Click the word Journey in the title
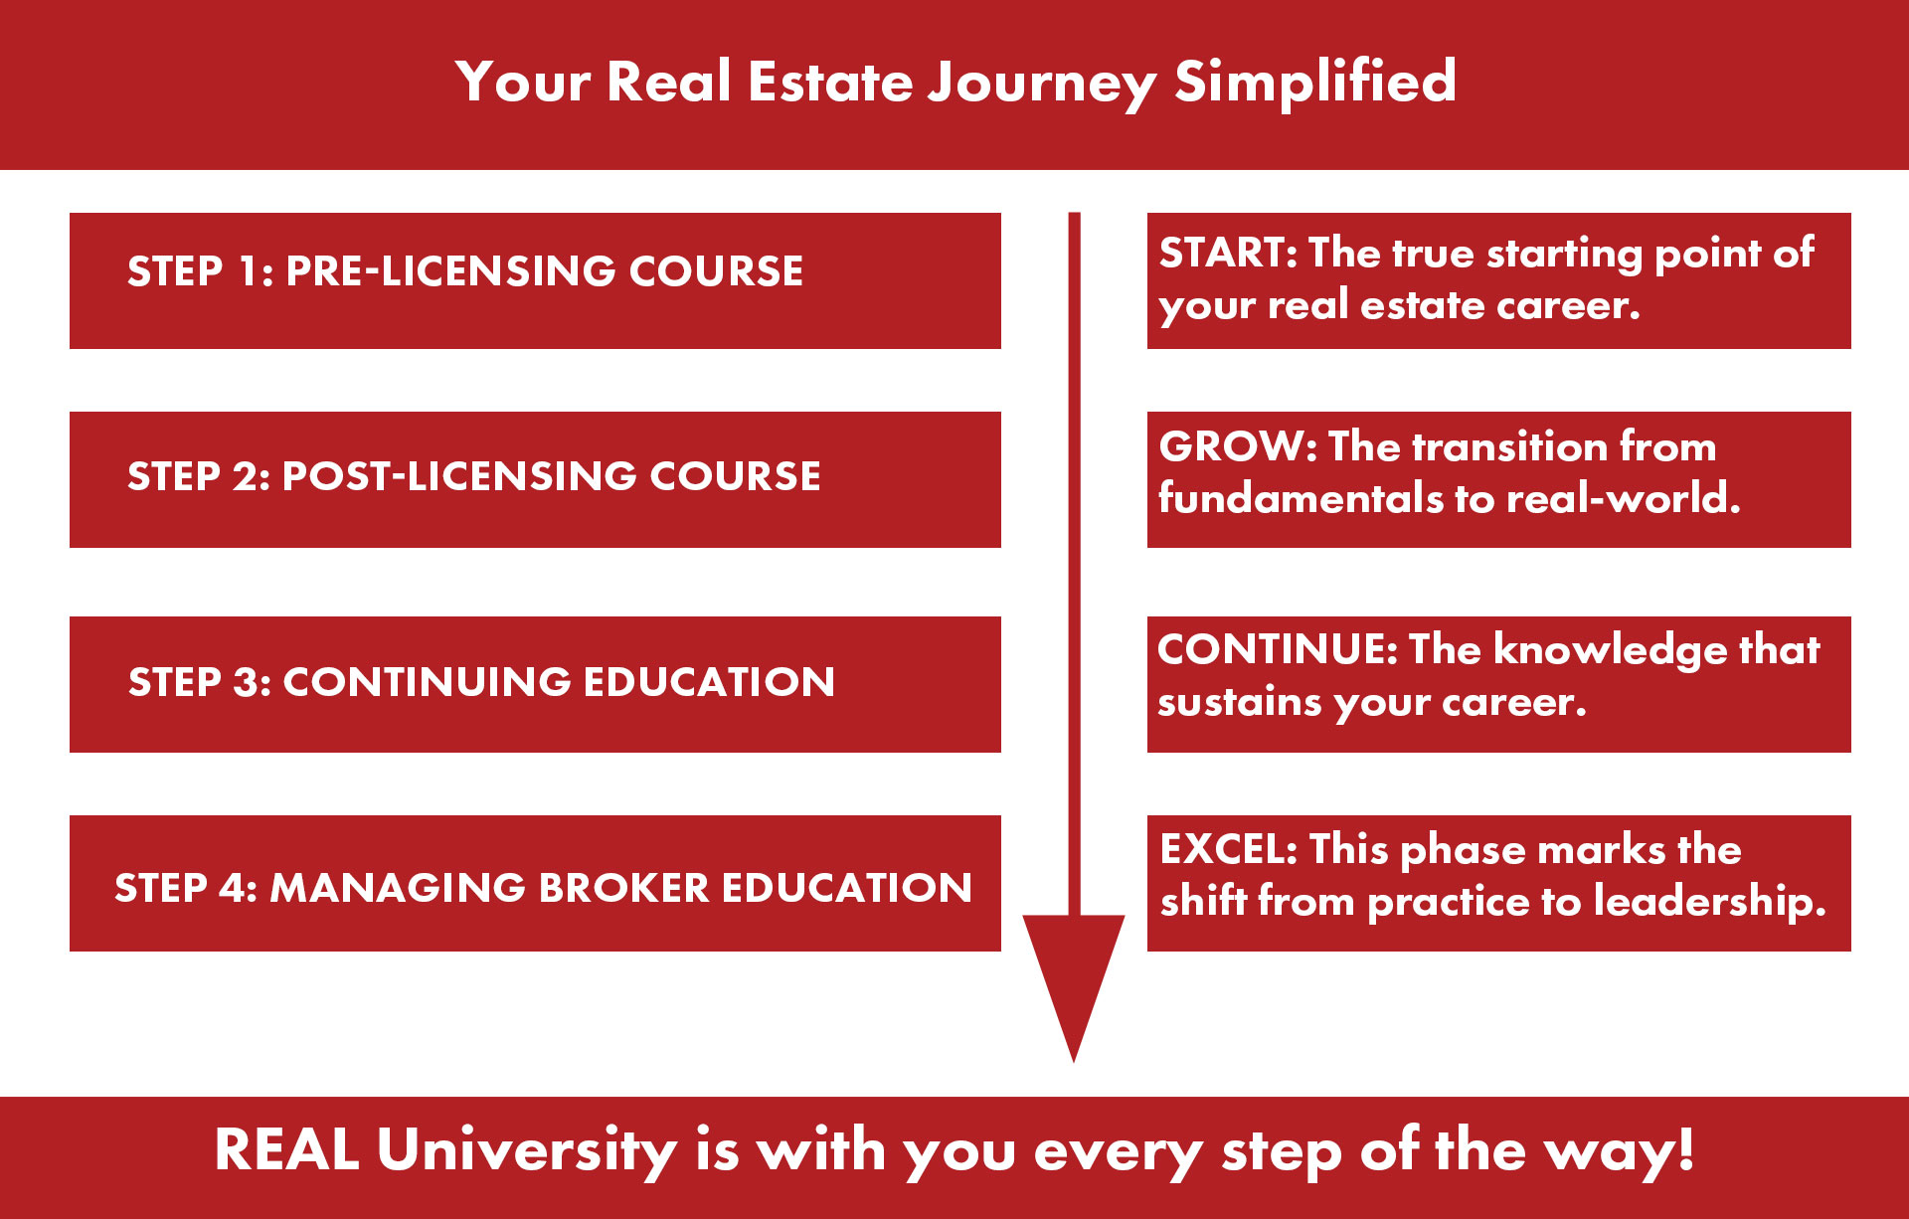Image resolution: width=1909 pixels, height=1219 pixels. tap(1041, 83)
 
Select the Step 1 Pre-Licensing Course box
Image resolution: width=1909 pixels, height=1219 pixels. tap(535, 280)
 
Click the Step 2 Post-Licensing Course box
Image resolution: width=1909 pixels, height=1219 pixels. tap(535, 479)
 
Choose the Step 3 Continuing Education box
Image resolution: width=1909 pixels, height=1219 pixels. tap(535, 684)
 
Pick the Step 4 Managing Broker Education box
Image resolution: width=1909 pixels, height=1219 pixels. tap(535, 883)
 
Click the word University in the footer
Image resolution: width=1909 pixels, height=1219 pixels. tap(527, 1150)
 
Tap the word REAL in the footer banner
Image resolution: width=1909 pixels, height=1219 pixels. tap(286, 1150)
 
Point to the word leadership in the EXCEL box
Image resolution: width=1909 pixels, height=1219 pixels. tap(1710, 901)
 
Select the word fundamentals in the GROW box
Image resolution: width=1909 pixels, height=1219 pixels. tap(1301, 498)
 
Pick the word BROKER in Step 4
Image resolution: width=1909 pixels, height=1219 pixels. tap(623, 888)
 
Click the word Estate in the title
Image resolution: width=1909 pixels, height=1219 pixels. tap(830, 82)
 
